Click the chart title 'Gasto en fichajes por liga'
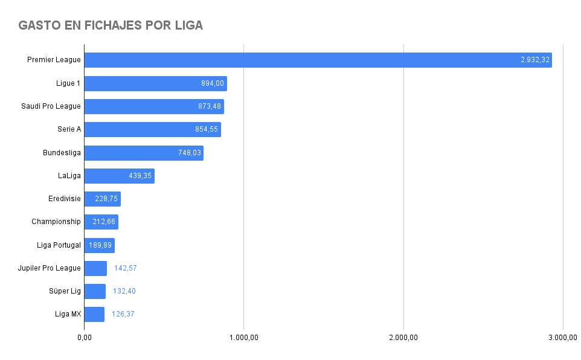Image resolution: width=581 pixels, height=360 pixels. point(111,25)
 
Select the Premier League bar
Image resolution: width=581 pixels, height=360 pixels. point(318,60)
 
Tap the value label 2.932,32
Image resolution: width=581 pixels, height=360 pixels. point(535,60)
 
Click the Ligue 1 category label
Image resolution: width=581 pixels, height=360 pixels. point(68,83)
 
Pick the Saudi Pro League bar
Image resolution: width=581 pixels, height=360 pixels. point(154,106)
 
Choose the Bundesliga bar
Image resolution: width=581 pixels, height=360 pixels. point(144,153)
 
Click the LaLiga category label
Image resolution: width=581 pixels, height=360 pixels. point(69,176)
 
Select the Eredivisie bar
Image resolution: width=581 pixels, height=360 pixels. point(102,199)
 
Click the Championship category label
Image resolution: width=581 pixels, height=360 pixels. point(56,222)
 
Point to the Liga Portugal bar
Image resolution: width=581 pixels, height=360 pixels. point(99,245)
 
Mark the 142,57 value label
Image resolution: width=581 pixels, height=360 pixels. point(126,268)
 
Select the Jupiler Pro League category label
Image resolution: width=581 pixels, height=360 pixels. point(50,268)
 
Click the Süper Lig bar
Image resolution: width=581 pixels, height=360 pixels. point(95,291)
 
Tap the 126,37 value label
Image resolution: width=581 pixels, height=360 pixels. point(123,314)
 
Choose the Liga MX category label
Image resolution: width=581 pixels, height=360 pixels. point(68,314)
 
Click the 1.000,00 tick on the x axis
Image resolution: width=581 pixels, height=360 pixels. point(244,337)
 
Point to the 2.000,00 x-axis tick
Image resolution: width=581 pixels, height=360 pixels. point(403,337)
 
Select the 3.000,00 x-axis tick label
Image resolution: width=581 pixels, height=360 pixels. point(563,337)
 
